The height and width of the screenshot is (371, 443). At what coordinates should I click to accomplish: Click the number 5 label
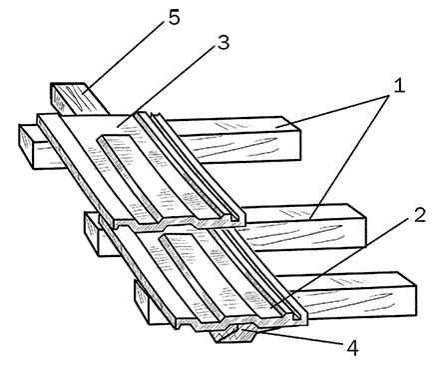174,18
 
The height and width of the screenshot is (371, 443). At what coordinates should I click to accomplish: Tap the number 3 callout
223,42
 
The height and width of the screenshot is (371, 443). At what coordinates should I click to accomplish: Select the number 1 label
399,85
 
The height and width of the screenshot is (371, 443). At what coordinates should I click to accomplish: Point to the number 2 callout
420,215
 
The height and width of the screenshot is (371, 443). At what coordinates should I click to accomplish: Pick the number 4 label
352,349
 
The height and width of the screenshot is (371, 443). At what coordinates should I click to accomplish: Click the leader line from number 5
124,56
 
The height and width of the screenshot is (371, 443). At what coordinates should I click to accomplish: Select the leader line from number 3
166,86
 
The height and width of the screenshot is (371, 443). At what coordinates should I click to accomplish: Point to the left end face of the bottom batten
143,302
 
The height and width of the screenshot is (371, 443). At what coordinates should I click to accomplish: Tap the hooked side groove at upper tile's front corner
236,217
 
